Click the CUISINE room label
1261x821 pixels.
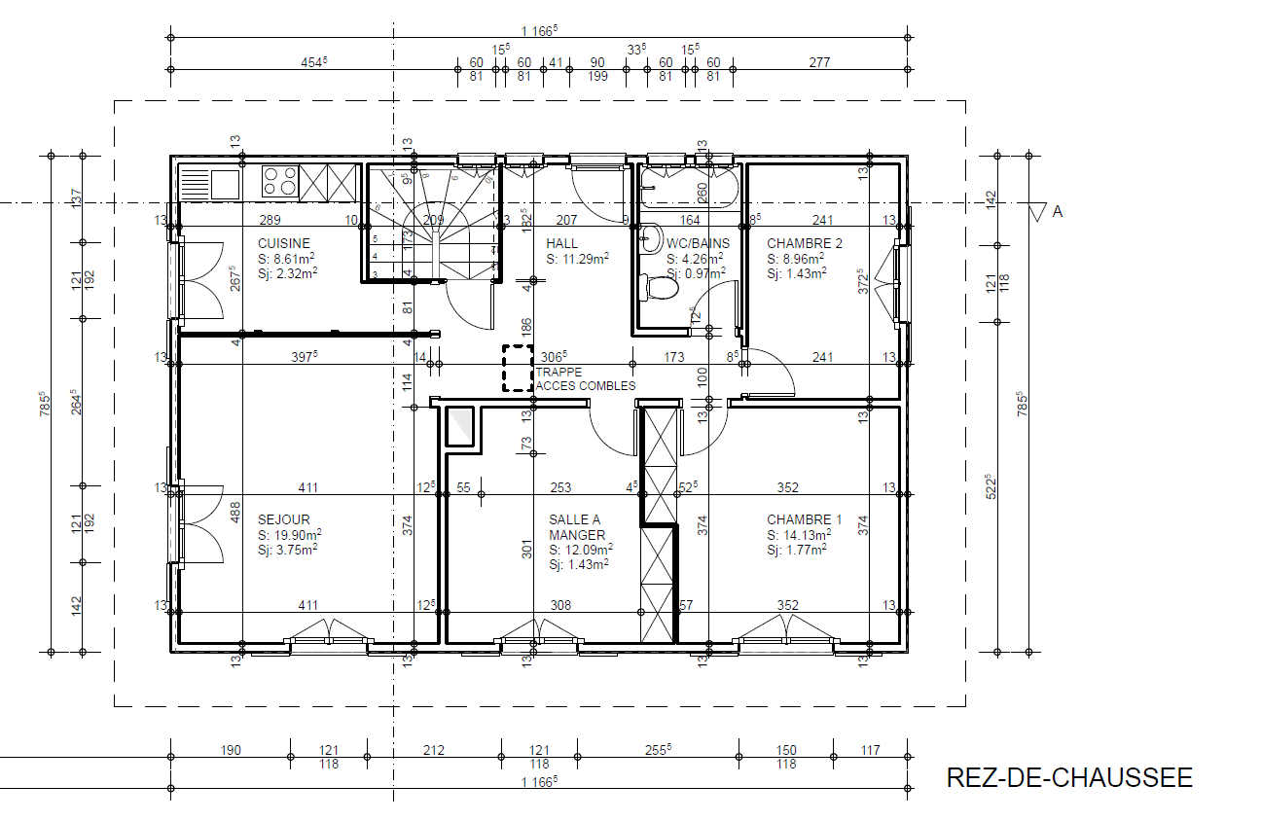(x=284, y=243)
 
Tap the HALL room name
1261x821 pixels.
(x=561, y=243)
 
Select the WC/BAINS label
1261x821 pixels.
(x=698, y=243)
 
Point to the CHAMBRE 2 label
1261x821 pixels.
(x=805, y=243)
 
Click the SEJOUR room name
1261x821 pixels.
(x=284, y=519)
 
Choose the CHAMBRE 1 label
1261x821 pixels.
(x=805, y=519)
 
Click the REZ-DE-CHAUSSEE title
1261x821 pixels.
(x=1069, y=777)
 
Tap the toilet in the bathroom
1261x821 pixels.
(x=660, y=288)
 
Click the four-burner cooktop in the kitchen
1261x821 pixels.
(x=280, y=181)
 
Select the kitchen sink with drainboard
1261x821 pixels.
(x=210, y=185)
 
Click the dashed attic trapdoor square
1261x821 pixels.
(x=518, y=368)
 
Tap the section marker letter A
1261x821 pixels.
(x=1058, y=212)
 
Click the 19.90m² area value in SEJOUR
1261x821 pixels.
(x=298, y=535)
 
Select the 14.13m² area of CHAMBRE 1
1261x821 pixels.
(x=808, y=535)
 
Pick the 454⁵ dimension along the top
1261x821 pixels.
(x=313, y=62)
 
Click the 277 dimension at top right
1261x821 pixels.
(x=819, y=62)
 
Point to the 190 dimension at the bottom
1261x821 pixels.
(x=231, y=750)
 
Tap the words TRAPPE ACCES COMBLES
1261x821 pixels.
(x=586, y=379)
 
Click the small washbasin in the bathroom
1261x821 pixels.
(x=652, y=238)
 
